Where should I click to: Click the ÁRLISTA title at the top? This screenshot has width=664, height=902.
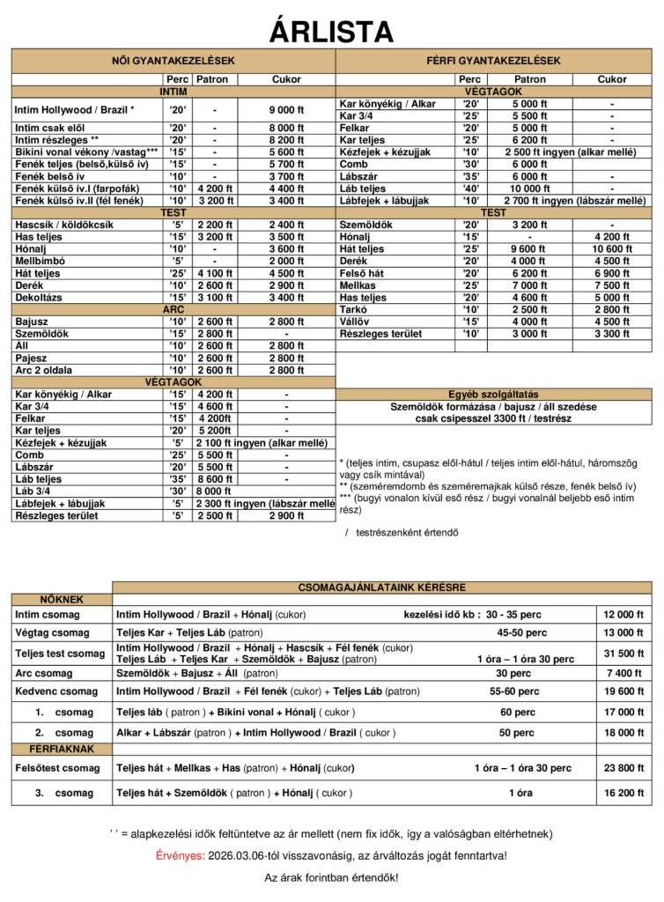click(x=331, y=31)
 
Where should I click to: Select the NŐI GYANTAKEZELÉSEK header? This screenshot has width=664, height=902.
click(x=173, y=61)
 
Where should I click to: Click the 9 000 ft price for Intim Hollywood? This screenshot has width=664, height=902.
click(x=286, y=110)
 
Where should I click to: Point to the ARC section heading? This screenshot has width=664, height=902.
click(x=173, y=310)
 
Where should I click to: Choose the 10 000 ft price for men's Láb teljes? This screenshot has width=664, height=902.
click(x=529, y=189)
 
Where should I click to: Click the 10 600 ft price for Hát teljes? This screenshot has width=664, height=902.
click(x=612, y=249)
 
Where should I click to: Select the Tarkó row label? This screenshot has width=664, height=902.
click(x=354, y=310)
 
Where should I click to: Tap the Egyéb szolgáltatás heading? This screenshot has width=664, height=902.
click(x=493, y=394)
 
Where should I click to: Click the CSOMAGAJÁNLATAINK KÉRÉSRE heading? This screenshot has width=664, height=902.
click(x=382, y=588)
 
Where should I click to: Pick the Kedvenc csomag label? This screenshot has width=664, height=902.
click(x=56, y=691)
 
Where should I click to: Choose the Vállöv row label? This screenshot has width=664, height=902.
click(x=356, y=322)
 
